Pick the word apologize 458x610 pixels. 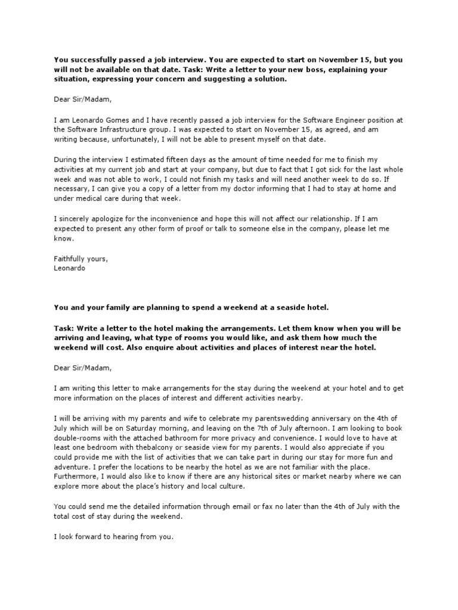103,217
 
